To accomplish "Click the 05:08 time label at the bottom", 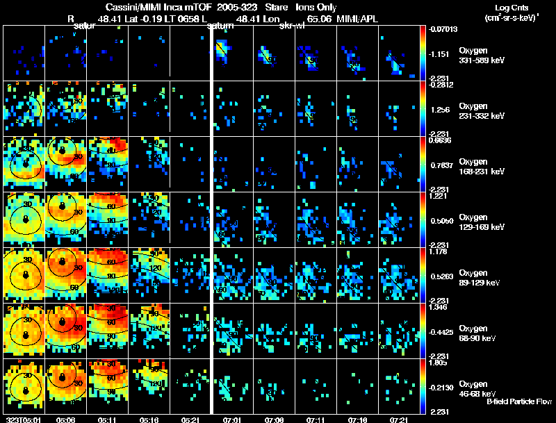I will click(66, 420).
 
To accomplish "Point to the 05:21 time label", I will click(190, 420).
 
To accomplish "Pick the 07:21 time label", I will click(399, 420).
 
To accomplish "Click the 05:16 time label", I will click(148, 420).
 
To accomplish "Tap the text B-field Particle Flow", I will click(519, 401).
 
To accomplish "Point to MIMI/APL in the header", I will click(359, 19).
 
